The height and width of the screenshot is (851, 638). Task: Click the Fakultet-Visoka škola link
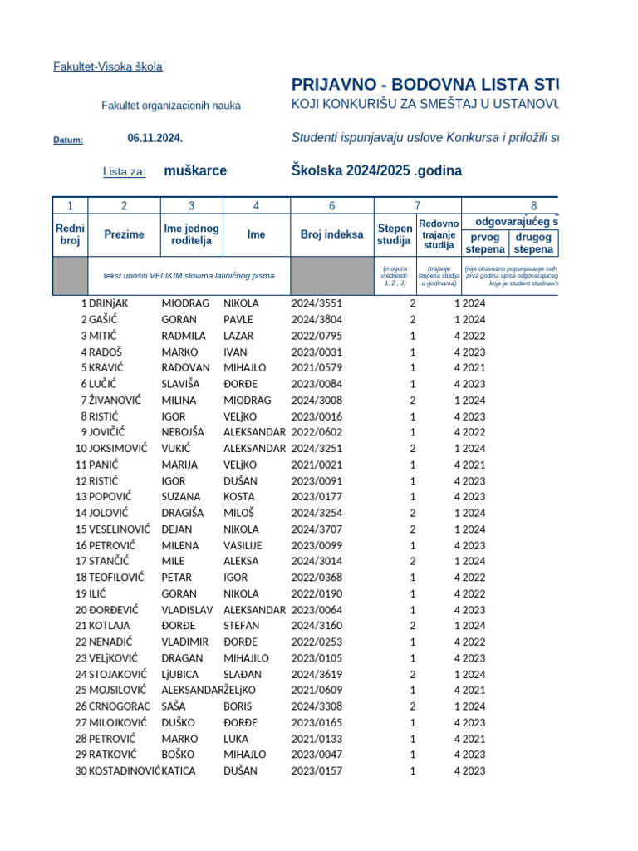point(107,66)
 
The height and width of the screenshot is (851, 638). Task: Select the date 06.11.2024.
point(155,138)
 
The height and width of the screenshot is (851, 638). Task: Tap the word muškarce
point(195,170)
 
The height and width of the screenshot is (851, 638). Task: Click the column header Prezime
point(124,234)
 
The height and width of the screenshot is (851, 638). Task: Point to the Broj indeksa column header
point(331,234)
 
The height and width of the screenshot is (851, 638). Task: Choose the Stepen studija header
point(395,234)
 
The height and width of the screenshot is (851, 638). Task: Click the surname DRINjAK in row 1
point(109,303)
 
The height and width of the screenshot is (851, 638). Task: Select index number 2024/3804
point(317,320)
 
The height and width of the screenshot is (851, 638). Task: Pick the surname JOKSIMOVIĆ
point(119,449)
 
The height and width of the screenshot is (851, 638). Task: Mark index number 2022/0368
point(317,578)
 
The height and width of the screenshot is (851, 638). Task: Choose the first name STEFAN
point(242,626)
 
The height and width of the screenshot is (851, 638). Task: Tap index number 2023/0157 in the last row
point(317,770)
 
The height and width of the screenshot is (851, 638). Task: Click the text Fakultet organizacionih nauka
point(171,106)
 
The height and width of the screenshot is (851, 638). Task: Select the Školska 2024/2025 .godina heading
point(376,170)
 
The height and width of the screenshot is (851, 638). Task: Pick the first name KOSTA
point(239,497)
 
